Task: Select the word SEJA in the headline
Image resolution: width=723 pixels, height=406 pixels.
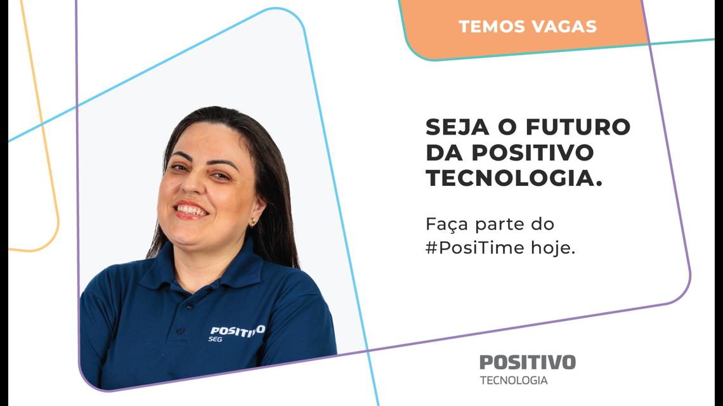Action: [x=457, y=127]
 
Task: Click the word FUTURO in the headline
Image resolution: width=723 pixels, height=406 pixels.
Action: [x=578, y=127]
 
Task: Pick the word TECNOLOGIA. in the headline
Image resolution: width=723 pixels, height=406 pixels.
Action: [x=514, y=178]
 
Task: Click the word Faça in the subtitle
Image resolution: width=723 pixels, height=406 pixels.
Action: [x=447, y=225]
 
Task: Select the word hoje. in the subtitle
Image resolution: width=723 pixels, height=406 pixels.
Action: [x=553, y=249]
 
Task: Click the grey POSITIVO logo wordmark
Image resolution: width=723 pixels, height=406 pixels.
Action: [x=528, y=362]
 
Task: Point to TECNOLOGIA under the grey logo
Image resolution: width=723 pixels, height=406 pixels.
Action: [x=514, y=380]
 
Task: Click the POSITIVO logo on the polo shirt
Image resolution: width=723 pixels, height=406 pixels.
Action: [x=237, y=331]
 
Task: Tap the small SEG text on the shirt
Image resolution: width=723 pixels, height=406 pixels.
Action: [x=216, y=339]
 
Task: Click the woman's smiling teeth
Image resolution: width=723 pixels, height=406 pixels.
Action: [x=192, y=210]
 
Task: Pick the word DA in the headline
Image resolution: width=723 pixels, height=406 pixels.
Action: [x=444, y=153]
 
